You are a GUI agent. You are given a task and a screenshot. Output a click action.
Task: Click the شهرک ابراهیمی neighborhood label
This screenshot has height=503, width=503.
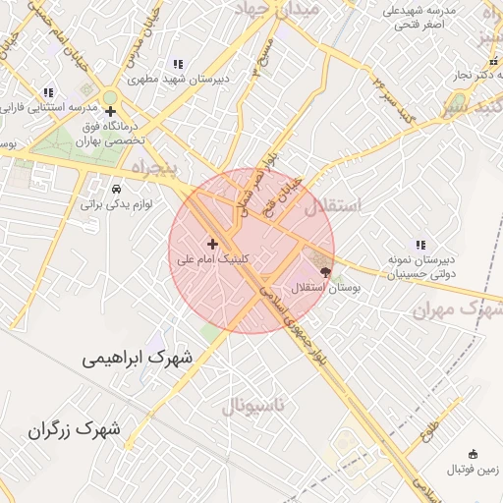(139, 361)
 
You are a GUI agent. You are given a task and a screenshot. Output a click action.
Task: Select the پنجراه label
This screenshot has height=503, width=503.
(142, 168)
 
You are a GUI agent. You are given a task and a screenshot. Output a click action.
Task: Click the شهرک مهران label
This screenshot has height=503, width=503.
(453, 309)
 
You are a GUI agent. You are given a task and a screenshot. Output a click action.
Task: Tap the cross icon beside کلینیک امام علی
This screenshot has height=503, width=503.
(212, 243)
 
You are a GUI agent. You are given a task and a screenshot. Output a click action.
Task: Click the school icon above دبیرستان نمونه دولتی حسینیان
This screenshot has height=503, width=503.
(420, 245)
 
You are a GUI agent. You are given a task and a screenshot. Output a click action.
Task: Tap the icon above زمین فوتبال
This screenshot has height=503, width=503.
(474, 454)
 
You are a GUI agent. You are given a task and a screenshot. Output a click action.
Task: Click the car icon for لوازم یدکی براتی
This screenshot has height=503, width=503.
(117, 188)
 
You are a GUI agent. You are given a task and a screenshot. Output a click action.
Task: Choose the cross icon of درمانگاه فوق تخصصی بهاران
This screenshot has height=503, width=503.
(111, 112)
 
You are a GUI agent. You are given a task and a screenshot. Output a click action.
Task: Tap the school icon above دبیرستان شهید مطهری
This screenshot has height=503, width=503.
(177, 64)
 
